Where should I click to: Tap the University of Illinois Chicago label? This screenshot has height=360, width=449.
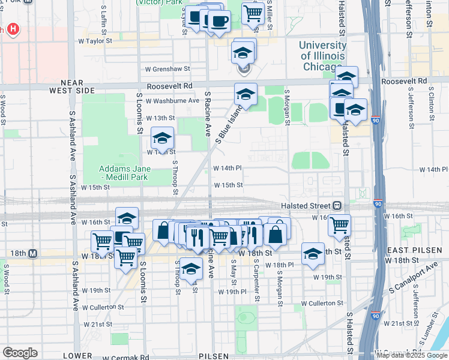coord(322,55)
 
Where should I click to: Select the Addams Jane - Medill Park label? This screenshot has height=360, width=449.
coord(117,173)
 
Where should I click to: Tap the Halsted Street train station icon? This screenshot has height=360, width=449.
coord(337,206)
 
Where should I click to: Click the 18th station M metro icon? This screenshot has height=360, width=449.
coord(33,254)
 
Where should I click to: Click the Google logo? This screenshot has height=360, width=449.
coord(20,353)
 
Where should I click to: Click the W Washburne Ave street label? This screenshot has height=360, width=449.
coord(172,101)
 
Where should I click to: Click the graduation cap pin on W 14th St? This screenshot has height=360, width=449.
coord(162,139)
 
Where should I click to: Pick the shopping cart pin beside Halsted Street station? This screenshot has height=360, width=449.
coord(340,225)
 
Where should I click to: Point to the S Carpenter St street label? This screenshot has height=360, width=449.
coord(257,280)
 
